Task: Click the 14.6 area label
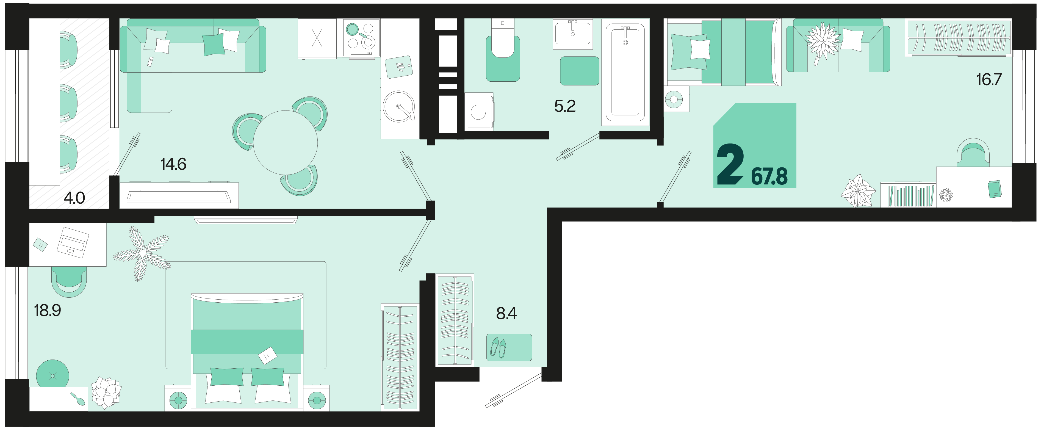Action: click(x=173, y=164)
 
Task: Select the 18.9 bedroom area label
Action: click(x=47, y=311)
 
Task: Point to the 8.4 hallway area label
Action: click(x=506, y=313)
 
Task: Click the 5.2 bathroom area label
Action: click(x=564, y=106)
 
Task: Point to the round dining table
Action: click(x=285, y=142)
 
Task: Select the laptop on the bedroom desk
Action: click(x=73, y=242)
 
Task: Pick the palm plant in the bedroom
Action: click(x=142, y=253)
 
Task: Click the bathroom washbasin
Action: click(x=573, y=34)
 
